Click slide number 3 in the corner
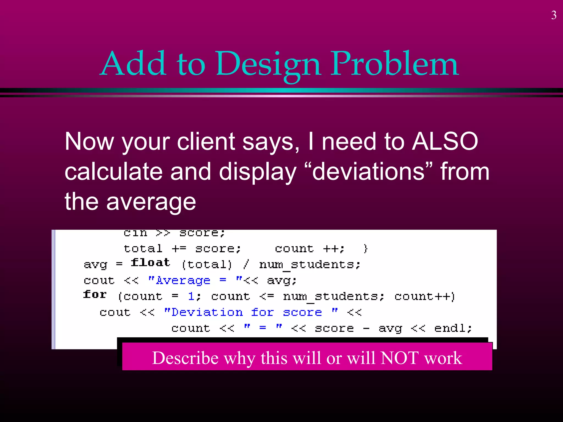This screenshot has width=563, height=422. (554, 15)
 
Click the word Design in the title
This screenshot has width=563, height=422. (268, 65)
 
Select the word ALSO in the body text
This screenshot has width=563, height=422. (445, 141)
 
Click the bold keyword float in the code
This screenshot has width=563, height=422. (150, 263)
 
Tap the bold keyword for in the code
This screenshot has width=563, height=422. (95, 295)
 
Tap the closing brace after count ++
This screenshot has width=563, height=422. (365, 249)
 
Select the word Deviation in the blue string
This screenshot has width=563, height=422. (207, 312)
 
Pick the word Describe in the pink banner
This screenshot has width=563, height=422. (185, 358)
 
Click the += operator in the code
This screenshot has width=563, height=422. (179, 249)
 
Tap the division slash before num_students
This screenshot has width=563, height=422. (246, 264)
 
